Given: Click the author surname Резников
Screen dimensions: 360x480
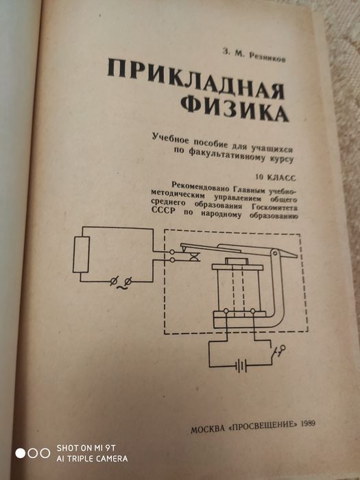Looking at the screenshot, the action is point(267,57).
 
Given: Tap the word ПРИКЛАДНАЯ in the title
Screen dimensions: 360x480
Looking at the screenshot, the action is point(196,80).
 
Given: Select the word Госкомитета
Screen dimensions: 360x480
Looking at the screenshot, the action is point(274,208).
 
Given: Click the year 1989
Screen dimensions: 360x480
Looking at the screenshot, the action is point(309,424).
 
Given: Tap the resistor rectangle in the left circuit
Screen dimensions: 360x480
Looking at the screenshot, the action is point(81,254).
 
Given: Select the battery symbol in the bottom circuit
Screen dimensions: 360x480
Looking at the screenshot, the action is point(241,365).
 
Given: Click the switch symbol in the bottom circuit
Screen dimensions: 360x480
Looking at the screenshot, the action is point(278,351).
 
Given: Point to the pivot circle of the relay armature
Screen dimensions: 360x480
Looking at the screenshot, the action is point(275,253).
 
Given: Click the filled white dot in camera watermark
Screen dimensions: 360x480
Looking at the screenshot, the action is point(21,453).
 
